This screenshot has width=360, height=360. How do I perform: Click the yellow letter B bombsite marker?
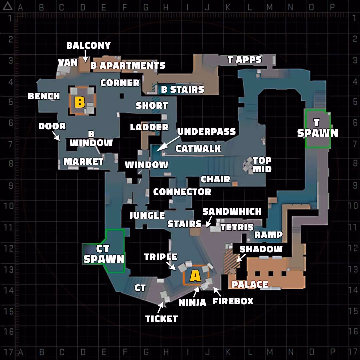(x=80, y=102)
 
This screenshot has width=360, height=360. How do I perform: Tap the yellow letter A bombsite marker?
(x=195, y=276)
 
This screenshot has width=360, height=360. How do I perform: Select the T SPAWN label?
(x=318, y=128)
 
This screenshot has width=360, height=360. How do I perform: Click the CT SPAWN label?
(x=104, y=254)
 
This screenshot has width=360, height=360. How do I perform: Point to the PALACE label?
(x=250, y=285)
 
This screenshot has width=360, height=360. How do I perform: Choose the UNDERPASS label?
(x=206, y=132)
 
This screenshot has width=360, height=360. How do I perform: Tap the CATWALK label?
(x=198, y=149)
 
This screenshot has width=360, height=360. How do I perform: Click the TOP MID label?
(x=262, y=165)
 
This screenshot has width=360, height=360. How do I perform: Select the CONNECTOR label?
(x=182, y=192)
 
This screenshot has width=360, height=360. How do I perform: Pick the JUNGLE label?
(x=147, y=215)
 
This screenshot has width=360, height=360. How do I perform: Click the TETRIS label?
(x=237, y=227)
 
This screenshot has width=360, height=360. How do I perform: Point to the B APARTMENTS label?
(x=128, y=66)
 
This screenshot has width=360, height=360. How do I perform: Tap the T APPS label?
(x=245, y=60)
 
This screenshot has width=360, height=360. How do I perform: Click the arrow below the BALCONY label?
(x=85, y=56)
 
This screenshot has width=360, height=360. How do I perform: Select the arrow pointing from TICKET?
(x=160, y=308)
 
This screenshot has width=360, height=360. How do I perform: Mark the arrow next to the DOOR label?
(x=56, y=136)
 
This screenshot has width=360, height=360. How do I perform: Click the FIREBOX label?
(x=233, y=301)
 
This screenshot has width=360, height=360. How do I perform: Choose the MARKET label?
(x=83, y=162)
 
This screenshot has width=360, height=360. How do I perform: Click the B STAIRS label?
(x=183, y=90)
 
